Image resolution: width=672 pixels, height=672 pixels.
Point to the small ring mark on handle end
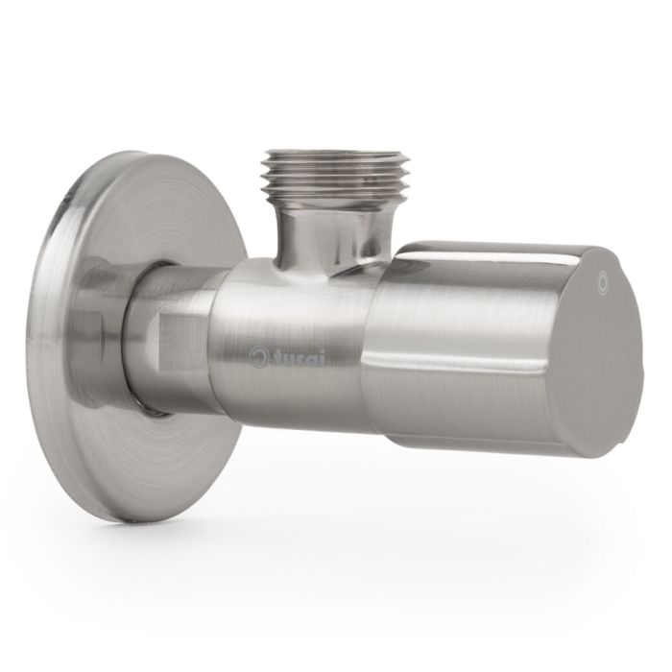tap(603, 281)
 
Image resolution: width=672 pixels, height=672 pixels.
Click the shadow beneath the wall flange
tap(144, 538)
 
